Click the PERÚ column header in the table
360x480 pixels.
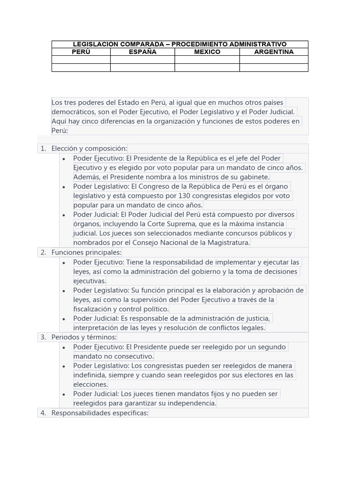coord(81,52)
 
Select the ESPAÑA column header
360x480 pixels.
coord(142,52)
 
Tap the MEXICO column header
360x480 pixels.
coord(207,52)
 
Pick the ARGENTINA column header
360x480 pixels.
coord(274,52)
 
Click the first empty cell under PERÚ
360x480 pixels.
coord(81,60)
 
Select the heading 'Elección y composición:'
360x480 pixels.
coord(89,149)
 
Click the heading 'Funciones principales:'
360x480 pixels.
coord(86,253)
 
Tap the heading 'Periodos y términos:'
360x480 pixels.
coord(84,337)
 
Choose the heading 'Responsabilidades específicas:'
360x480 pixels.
coord(99,413)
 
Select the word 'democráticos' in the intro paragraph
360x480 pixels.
coord(73,112)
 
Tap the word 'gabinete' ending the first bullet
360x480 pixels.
coord(253,177)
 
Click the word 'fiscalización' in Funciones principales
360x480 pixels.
coord(94,309)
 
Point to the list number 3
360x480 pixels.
coord(43,337)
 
